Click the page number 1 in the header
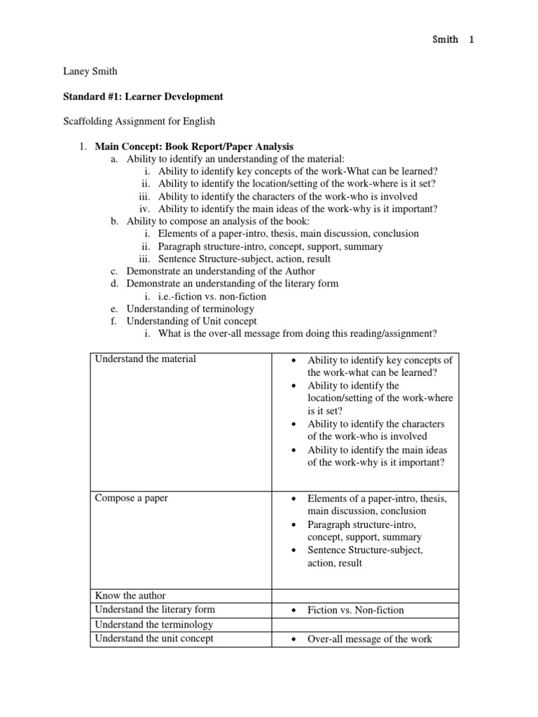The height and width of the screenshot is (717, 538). point(471,39)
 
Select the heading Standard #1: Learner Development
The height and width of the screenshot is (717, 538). point(143,96)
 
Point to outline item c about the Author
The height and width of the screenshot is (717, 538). point(220,271)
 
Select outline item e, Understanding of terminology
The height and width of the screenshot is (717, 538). point(190,309)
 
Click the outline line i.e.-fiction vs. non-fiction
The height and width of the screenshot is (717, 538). point(212,296)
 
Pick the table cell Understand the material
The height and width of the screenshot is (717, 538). point(146,359)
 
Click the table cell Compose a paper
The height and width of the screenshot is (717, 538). point(132,498)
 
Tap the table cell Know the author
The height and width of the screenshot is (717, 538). point(130,596)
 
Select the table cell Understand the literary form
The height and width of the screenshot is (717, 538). point(155,610)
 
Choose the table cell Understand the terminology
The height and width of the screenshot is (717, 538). point(153,625)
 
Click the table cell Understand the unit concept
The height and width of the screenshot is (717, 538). point(154,639)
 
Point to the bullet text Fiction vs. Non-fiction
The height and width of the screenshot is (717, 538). point(355,611)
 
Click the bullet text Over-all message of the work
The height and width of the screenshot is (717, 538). point(369,639)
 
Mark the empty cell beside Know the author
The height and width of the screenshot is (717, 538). point(364,596)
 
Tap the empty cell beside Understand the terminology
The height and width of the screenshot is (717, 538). point(364,625)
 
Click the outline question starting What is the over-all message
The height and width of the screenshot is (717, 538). point(298,334)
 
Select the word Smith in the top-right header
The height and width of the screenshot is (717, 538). point(444,39)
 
